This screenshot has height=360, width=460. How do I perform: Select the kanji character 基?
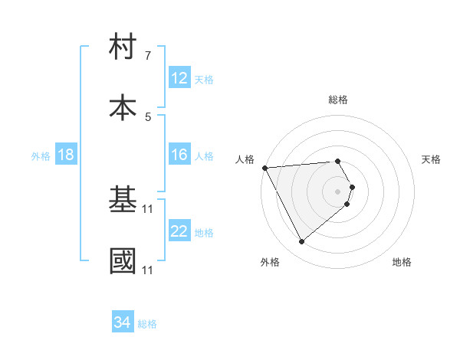coord(123,201)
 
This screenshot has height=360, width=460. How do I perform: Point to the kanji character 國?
coord(123,261)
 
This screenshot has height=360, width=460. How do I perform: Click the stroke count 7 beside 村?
coord(148,56)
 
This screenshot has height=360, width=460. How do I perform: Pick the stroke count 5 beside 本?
coord(148,116)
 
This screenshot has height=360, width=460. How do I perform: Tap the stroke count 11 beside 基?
coord(148,208)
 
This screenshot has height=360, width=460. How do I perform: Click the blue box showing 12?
coord(179,77)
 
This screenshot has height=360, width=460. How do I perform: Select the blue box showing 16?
coord(179,155)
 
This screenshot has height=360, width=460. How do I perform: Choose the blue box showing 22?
coord(179,231)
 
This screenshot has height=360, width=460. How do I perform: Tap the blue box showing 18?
coord(66,155)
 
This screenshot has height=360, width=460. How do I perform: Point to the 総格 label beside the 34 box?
coord(147,324)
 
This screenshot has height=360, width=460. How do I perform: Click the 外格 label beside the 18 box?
coord(41,155)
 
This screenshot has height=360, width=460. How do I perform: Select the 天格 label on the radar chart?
coord(431,159)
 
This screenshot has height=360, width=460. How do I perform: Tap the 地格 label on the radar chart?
coord(402,262)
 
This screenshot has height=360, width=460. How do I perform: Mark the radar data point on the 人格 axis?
coord(264,167)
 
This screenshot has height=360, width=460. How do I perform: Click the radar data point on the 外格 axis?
coord(301,242)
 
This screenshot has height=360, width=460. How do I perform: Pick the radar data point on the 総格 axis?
coord(337,161)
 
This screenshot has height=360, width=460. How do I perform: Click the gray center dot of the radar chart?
coord(337,190)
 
